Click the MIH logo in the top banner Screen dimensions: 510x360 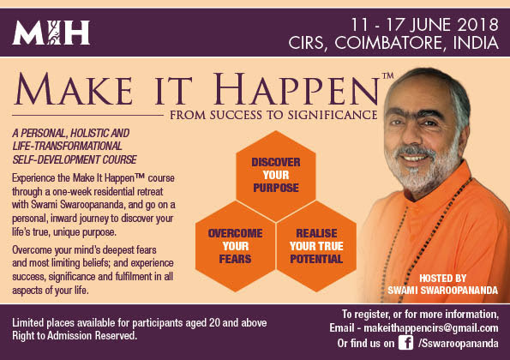(x=51, y=33)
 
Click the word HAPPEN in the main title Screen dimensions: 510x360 (x=296, y=89)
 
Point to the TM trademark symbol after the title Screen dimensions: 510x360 (x=387, y=75)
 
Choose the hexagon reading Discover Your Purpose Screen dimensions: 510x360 (x=276, y=176)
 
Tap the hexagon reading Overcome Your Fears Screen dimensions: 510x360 (x=235, y=246)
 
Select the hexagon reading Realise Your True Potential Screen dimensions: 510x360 (x=316, y=246)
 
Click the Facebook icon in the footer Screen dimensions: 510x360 (x=406, y=343)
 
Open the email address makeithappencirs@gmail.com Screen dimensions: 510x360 (x=431, y=327)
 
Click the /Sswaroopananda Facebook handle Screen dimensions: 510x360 (x=459, y=344)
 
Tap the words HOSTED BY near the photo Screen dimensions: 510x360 (x=442, y=279)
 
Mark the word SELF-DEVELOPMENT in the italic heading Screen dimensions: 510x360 (x=57, y=159)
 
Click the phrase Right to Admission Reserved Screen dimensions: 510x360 (x=75, y=336)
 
